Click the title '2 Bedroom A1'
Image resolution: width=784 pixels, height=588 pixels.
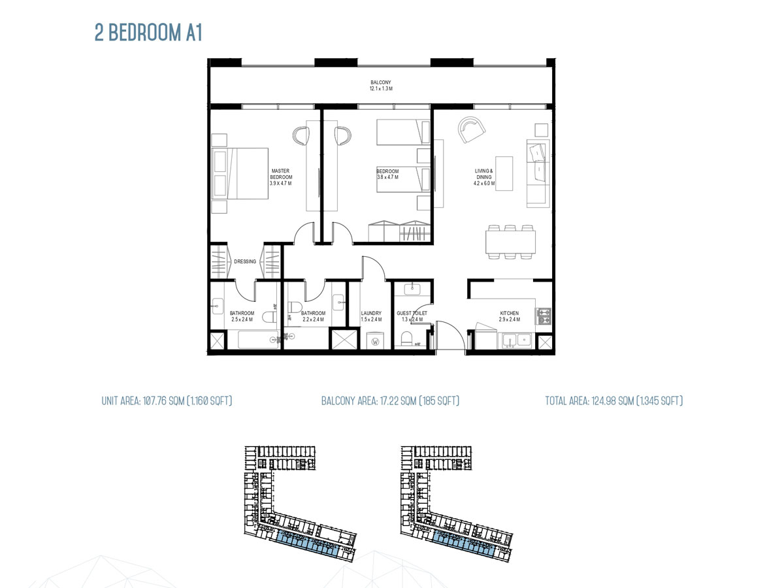coord(149,34)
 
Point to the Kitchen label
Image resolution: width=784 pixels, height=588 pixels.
coord(510,314)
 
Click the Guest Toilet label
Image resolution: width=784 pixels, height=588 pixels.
coord(412,314)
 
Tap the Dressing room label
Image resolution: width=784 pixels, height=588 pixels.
coord(245,262)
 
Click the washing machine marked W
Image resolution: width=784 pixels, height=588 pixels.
coord(376,340)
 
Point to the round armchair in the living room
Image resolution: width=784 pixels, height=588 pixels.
coord(471,129)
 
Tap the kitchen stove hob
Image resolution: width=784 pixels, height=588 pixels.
coord(544,316)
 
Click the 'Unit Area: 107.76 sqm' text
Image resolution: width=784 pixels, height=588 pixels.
coord(167,400)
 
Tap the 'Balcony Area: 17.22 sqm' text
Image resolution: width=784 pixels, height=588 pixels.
coord(390,400)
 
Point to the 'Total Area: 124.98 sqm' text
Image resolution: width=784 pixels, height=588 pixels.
coord(614,400)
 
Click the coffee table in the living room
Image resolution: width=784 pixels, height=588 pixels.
coord(504,173)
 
